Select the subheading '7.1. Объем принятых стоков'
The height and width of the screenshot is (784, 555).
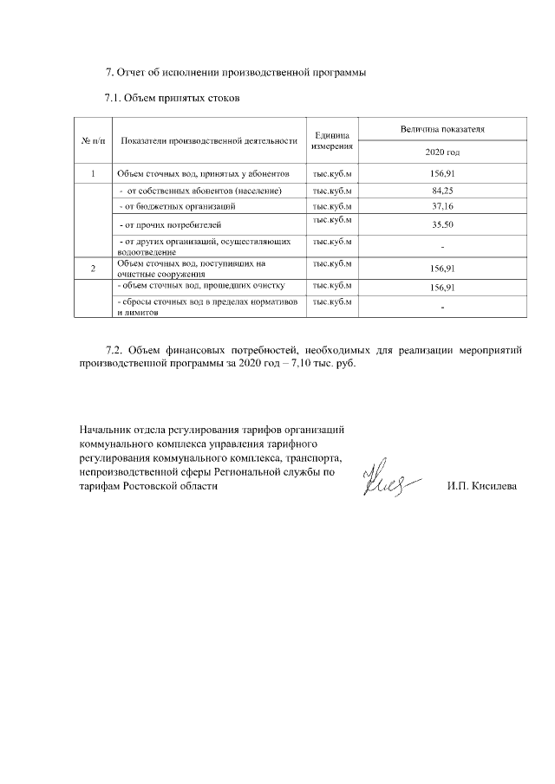click(172, 97)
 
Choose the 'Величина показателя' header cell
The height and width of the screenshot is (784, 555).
click(442, 129)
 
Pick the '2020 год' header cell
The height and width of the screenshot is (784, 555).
click(442, 152)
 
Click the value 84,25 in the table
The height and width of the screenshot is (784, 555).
click(442, 190)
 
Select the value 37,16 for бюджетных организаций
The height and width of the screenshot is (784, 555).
click(442, 206)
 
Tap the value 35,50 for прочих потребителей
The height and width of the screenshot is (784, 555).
click(442, 224)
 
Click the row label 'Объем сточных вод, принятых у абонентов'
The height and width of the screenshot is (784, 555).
click(196, 173)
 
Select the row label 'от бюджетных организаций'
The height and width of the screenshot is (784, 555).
click(177, 206)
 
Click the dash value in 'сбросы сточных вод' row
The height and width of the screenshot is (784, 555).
click(442, 308)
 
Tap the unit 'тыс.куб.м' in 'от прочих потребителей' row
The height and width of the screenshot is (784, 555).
click(332, 221)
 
